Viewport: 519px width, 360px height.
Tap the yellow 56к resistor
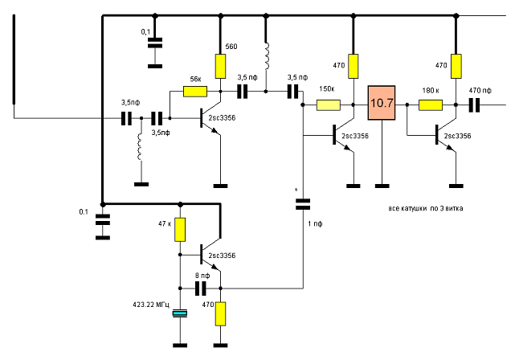195,92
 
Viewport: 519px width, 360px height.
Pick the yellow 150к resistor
328,104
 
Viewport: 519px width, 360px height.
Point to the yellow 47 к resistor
180,229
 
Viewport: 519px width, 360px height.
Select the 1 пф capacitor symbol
303,204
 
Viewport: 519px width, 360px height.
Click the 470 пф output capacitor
474,104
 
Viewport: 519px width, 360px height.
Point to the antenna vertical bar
14,60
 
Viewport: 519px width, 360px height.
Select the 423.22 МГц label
145,305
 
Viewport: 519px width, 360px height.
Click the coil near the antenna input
141,146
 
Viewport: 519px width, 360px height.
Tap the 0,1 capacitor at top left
154,43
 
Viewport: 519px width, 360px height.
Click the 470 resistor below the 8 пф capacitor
220,313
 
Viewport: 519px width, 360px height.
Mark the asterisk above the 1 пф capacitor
297,190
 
